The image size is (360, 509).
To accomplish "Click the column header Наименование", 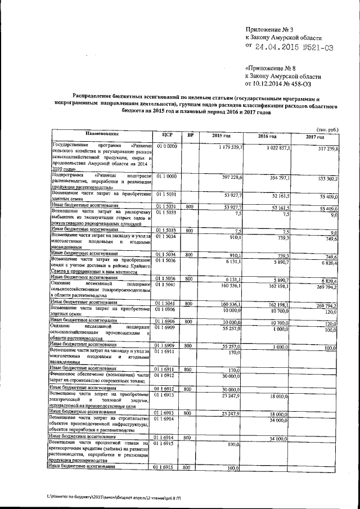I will tap(102, 134).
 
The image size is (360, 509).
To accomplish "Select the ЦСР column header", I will tap(166, 135).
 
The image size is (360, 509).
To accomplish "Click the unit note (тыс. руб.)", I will tap(327, 129).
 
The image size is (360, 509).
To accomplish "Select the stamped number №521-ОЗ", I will tap(318, 48).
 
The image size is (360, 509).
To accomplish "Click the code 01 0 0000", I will tap(166, 146).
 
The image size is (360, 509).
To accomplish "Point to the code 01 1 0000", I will tap(166, 177).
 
